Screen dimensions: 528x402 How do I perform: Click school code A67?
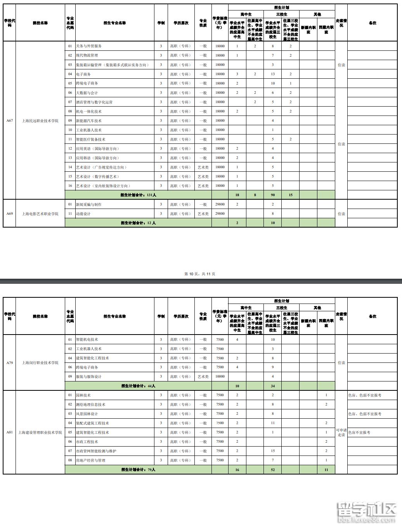click(x=10, y=121)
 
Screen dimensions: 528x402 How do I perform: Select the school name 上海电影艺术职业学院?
click(x=40, y=214)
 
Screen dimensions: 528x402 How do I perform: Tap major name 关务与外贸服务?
click(x=89, y=46)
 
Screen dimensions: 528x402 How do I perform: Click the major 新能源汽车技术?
click(x=89, y=121)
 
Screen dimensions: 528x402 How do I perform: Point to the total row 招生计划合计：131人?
click(x=138, y=195)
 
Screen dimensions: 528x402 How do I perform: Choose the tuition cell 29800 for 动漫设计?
click(x=220, y=214)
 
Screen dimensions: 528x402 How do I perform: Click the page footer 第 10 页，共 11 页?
click(x=199, y=274)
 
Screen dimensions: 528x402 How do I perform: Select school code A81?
click(x=10, y=432)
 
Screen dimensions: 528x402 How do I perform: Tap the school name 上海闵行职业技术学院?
click(x=40, y=363)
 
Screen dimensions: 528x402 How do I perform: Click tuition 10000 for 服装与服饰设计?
click(x=220, y=376)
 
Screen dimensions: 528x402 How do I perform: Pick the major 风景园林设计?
click(x=87, y=414)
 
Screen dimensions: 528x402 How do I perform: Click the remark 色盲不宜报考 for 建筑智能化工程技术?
click(x=359, y=432)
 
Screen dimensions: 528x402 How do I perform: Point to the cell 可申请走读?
click(x=341, y=432)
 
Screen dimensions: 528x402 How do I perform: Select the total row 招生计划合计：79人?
click(x=138, y=469)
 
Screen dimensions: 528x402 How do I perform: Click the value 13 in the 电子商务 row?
click(x=273, y=74)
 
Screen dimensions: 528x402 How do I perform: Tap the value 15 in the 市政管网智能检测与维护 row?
click(x=273, y=451)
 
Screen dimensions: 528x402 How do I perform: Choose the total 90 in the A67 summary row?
click(x=273, y=195)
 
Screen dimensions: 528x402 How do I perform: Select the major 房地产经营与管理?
click(x=90, y=460)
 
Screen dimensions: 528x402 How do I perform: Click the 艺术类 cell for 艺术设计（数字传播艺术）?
click(x=203, y=176)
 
